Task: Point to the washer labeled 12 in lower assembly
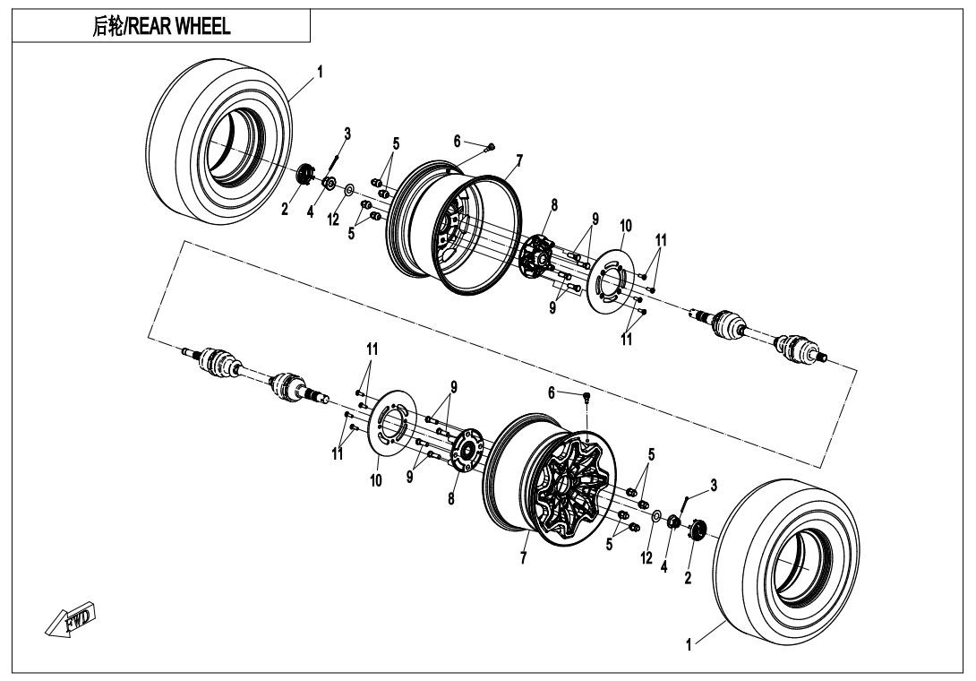coord(655,517)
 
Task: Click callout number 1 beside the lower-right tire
coord(689,644)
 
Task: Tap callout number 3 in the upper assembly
coord(347,133)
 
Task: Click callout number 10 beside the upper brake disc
coord(625,225)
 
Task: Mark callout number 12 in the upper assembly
coord(333,220)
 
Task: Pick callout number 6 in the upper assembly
coord(457,142)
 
